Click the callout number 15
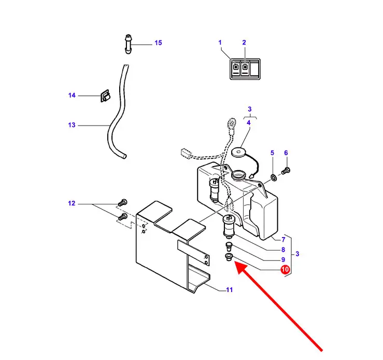158,43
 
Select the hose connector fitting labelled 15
128,44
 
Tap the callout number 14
72,95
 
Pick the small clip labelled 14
105,95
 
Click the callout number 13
72,125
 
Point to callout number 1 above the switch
220,43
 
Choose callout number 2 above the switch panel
244,43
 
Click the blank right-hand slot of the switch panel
254,68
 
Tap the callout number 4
249,122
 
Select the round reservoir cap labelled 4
238,153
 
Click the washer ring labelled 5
274,177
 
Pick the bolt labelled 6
286,170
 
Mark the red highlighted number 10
285,270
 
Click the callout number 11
230,290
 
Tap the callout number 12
72,203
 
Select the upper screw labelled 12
122,203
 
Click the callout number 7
283,240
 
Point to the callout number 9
283,259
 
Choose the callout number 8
283,250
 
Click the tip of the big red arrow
234,261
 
